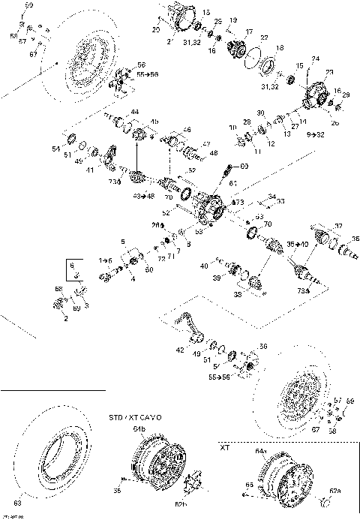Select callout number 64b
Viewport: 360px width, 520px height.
(139, 428)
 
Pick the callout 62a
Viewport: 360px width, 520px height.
(335, 491)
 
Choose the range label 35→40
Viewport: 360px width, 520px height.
(298, 245)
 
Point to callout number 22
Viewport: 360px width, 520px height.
(263, 38)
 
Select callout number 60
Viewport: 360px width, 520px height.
(244, 165)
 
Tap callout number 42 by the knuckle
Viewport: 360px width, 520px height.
(179, 350)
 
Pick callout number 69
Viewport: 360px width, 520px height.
(75, 308)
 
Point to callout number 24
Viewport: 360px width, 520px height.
(316, 58)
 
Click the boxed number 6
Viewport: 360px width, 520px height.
(72, 266)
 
